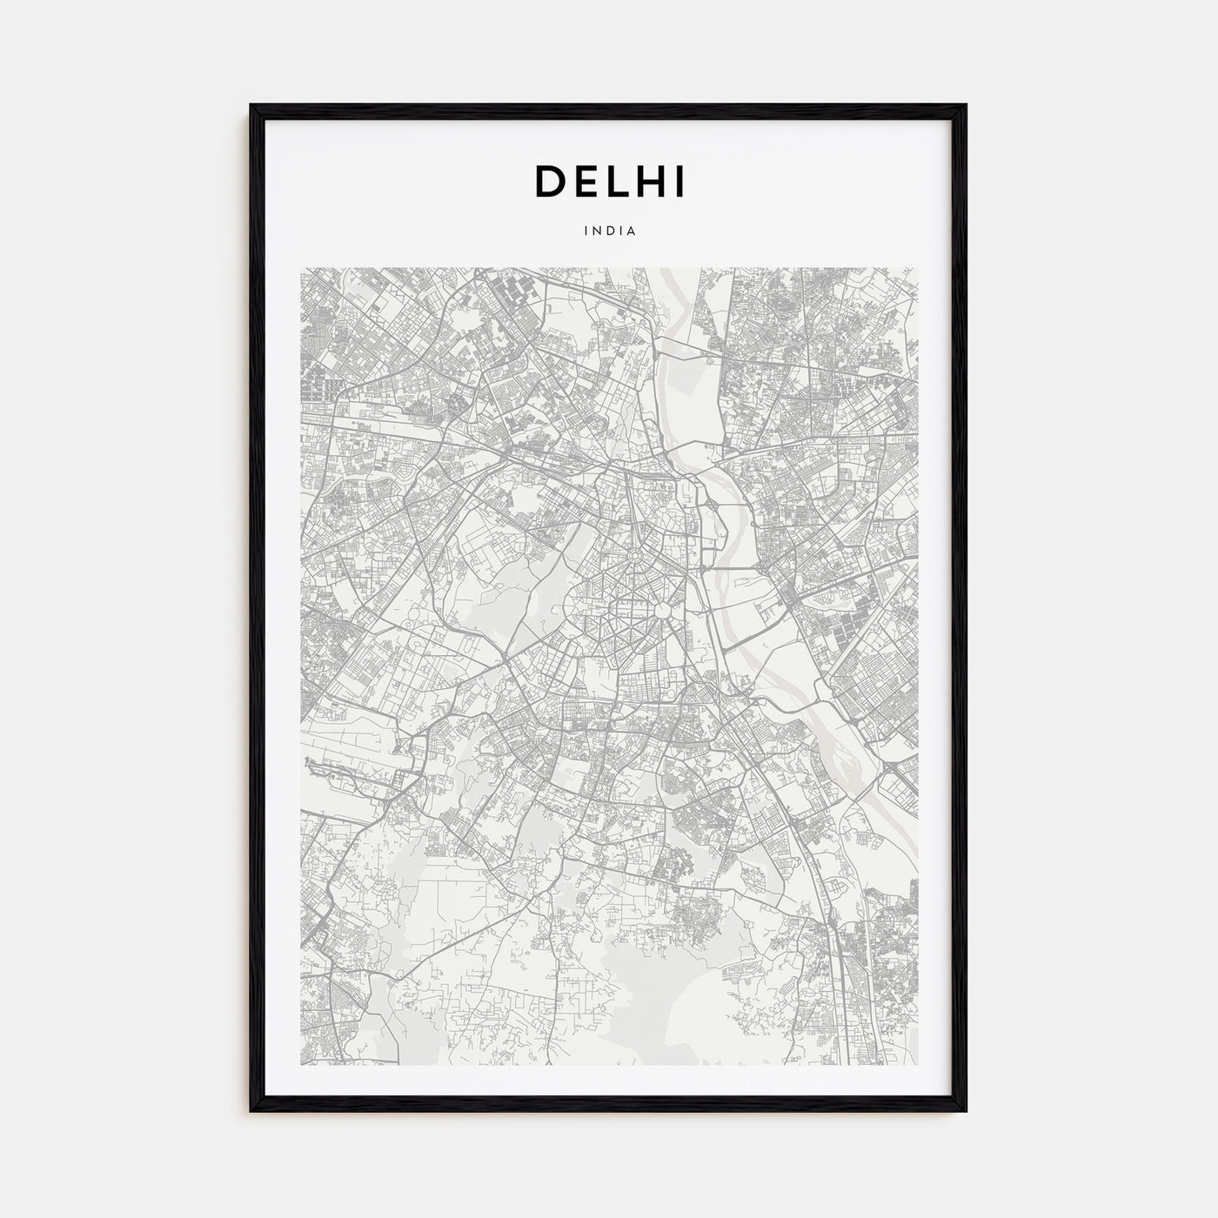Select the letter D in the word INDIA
[608, 231]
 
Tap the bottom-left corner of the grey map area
[301, 1065]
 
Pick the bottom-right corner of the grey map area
[917, 1065]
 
